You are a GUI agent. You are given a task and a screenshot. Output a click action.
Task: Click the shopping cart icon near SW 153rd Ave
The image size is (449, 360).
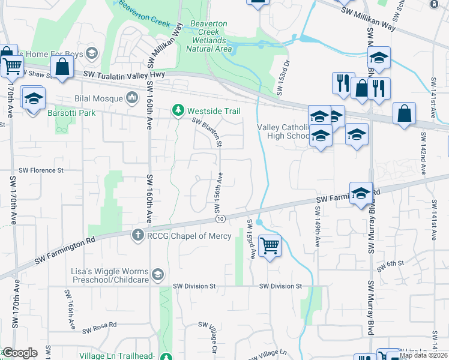coord(270,245)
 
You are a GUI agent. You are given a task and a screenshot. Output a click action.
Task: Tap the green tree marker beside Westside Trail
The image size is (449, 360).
coord(178,110)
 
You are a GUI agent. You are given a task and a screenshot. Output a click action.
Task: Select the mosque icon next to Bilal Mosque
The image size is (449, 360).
coord(132,97)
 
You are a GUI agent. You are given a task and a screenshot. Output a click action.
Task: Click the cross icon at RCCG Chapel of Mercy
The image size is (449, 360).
coord(137,236)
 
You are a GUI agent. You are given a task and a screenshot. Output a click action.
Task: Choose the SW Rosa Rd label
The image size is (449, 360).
coord(100,328)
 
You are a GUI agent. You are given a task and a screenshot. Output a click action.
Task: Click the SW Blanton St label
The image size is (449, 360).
coord(208,131)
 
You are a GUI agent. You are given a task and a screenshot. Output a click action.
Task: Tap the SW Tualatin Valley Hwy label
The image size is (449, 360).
coord(124,74)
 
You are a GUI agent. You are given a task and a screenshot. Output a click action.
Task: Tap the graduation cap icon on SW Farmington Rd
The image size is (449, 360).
coord(361,193)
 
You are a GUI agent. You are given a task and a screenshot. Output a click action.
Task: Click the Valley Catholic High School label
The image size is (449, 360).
coord(283,131)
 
